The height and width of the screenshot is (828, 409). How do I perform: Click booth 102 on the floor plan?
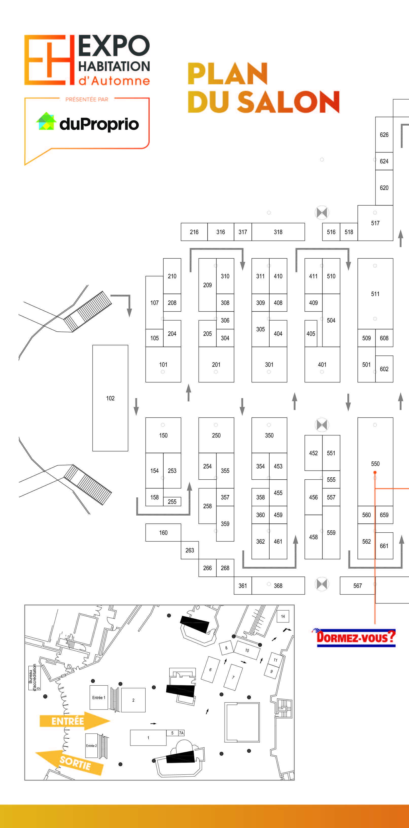pos(110,398)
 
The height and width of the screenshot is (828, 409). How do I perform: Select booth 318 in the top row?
pos(278,232)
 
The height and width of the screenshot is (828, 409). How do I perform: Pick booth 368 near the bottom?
pos(278,585)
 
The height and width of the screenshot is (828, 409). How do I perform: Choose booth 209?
pos(207,285)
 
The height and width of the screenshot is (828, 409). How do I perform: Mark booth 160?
pos(163,532)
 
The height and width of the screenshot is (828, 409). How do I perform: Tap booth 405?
pos(311,333)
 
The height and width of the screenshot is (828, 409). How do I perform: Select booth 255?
pos(172,501)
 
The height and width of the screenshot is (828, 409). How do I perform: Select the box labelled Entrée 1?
pos(99,698)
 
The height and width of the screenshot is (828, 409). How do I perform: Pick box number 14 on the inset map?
pos(283,616)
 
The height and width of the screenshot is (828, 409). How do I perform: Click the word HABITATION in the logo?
pos(114,66)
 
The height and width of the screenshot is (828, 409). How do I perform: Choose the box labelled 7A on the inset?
pos(181,733)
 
